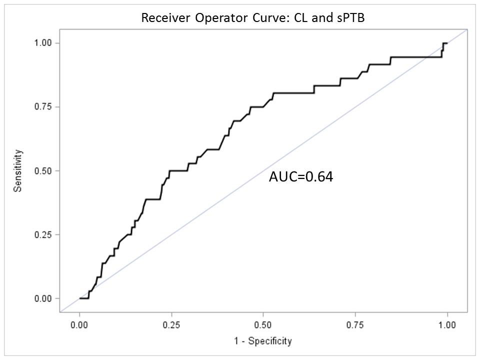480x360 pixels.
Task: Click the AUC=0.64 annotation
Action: (300, 176)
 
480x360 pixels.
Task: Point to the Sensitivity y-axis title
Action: (18, 170)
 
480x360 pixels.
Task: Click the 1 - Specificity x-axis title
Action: (263, 341)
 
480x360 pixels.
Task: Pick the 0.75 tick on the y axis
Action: (44, 107)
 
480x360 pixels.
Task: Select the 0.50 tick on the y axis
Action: (44, 171)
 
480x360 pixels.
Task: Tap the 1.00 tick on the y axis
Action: (44, 43)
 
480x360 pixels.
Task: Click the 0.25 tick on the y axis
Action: (44, 235)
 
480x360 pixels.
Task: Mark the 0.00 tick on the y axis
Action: (44, 298)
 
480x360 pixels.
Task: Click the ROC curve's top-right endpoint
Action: (447, 43)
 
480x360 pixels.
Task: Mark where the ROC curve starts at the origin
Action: (79, 298)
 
